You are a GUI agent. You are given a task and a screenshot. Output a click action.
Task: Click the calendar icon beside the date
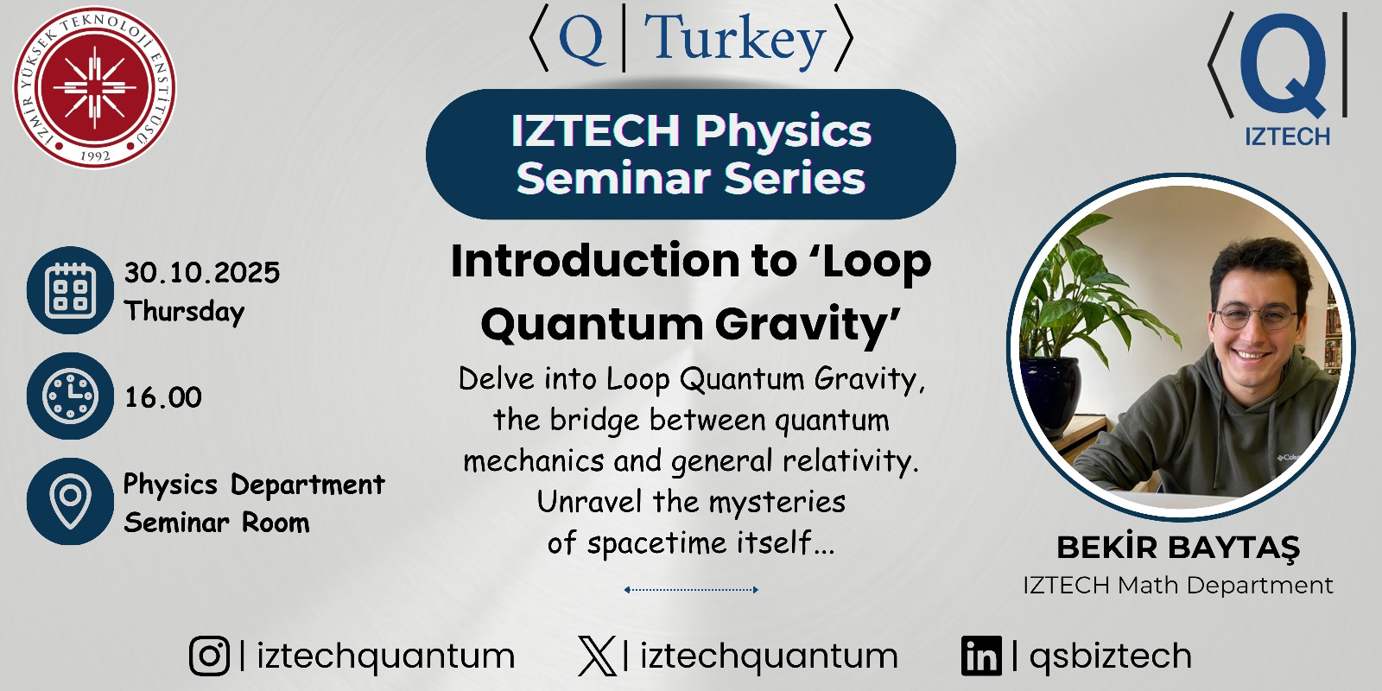pos(70,290)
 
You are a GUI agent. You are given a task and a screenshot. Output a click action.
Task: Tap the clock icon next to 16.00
pos(70,396)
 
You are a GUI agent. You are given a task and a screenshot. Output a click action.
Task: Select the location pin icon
pos(70,501)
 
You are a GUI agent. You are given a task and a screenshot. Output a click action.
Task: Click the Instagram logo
pos(210,656)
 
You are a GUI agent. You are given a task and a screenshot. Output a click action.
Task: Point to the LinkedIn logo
pos(981,656)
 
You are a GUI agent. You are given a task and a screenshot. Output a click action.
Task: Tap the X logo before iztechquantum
pos(597,656)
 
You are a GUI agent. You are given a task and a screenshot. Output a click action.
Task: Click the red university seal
pos(94,87)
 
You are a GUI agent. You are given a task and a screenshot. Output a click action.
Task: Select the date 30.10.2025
pos(202,273)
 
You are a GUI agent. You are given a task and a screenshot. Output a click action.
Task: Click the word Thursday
pos(185,312)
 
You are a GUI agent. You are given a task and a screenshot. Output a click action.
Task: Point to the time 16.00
pos(163,397)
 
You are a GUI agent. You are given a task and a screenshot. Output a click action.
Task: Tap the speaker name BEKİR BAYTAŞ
pos(1178,548)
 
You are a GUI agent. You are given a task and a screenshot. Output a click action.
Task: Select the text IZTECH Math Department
pos(1178,586)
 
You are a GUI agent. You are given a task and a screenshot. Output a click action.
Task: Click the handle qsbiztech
pos(1111,656)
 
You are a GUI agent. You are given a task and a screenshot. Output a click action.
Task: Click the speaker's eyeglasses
pos(1254,317)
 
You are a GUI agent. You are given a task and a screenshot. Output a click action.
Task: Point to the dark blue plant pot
pos(1050,395)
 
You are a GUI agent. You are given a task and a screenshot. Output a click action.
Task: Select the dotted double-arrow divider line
pos(691,590)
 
